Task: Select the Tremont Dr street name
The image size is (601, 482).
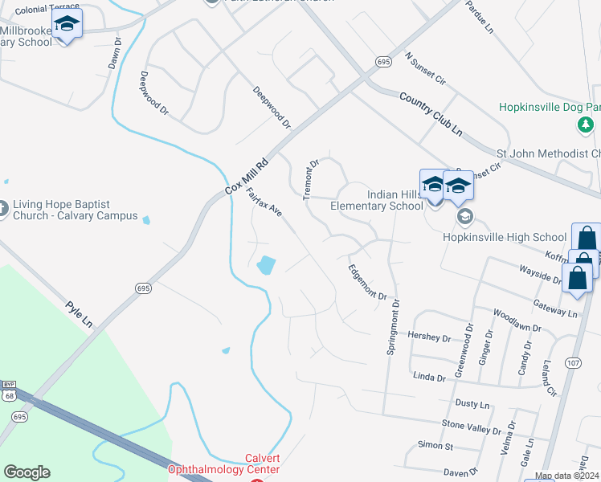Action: click(x=311, y=178)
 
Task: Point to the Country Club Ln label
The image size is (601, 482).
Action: click(x=431, y=113)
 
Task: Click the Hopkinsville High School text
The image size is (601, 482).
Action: click(x=505, y=237)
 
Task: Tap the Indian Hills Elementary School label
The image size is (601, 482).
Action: click(x=377, y=200)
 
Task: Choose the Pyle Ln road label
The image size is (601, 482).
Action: click(x=80, y=314)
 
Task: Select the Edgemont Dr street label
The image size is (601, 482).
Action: click(x=368, y=282)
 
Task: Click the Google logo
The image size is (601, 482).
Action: click(x=27, y=472)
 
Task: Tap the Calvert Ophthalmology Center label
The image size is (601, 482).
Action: click(x=223, y=464)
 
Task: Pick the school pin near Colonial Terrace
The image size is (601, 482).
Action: click(x=67, y=24)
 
